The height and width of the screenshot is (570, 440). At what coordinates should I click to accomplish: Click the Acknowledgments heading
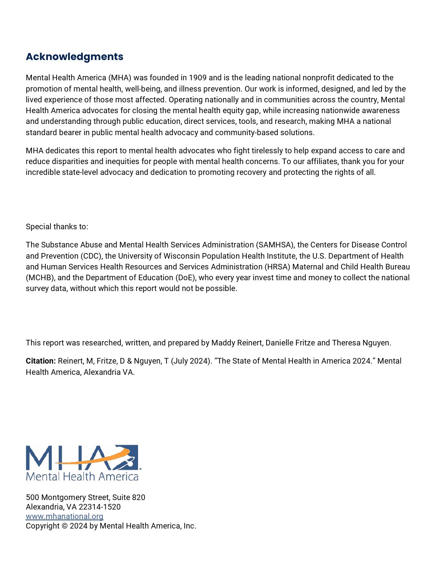74,57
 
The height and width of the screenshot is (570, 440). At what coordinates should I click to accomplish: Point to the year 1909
198,78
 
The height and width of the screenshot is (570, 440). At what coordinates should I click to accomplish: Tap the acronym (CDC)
91,256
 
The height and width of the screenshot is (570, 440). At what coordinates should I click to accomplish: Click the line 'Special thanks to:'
57,227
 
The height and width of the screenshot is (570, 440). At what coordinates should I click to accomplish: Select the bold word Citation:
41,361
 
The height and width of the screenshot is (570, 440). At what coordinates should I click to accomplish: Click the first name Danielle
281,343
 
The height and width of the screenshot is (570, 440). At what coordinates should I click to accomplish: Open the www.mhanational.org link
64,516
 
